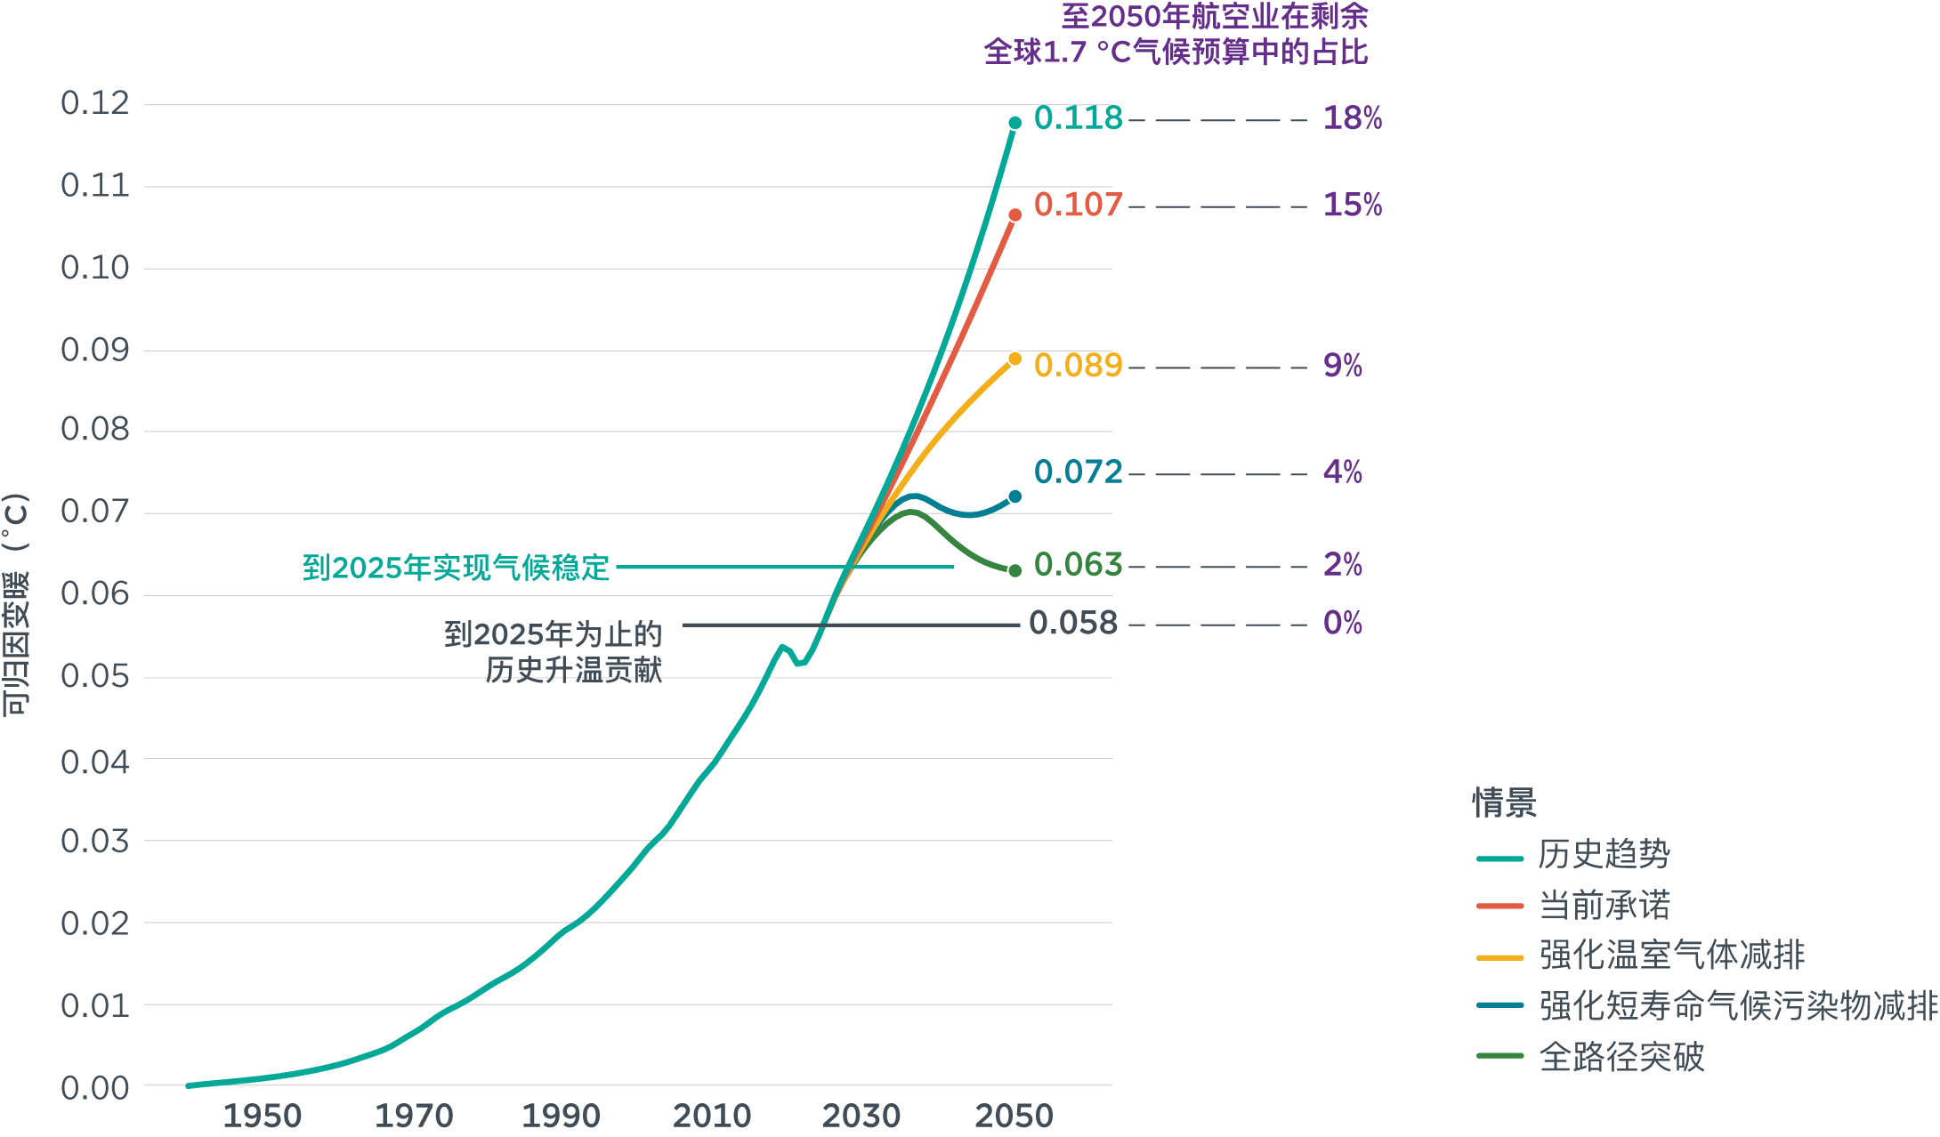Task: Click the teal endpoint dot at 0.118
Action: coord(1014,123)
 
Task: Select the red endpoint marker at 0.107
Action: coord(1014,215)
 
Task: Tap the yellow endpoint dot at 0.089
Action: coord(1014,359)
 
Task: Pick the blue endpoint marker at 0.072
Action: coord(1014,496)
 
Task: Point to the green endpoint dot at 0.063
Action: coord(1014,570)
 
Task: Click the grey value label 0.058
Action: coord(1072,623)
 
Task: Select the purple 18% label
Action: coord(1352,118)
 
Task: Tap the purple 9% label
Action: coord(1342,366)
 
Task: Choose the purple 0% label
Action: coord(1342,623)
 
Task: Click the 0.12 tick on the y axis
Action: coord(95,103)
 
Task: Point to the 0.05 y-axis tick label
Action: coord(95,676)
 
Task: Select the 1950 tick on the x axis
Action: coord(262,1116)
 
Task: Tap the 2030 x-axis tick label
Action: coord(861,1116)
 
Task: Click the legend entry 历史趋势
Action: coord(1604,855)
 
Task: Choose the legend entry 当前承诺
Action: coord(1604,906)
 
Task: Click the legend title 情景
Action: coord(1504,802)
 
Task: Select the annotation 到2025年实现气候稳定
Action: coord(456,568)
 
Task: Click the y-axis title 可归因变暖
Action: coord(16,605)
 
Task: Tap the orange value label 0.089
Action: coord(1078,366)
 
